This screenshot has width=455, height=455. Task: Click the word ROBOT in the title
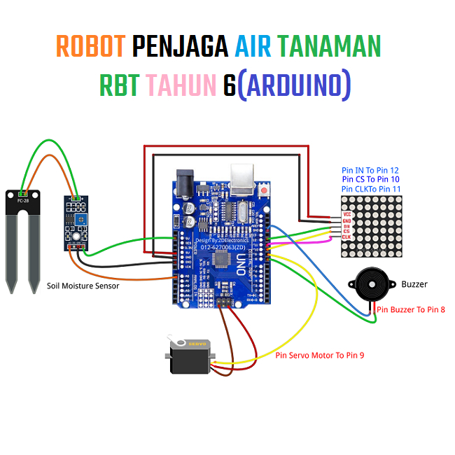pyautogui.click(x=90, y=47)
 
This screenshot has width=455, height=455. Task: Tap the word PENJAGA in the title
pyautogui.click(x=180, y=47)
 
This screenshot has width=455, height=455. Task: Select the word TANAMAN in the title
pyautogui.click(x=328, y=47)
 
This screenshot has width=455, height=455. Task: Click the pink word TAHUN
pyautogui.click(x=181, y=85)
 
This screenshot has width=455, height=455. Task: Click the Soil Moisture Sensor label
pyautogui.click(x=83, y=286)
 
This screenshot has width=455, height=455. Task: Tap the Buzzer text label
pyautogui.click(x=414, y=284)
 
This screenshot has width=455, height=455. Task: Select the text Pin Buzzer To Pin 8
pyautogui.click(x=411, y=309)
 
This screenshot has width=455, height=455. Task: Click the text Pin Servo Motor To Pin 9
pyautogui.click(x=319, y=356)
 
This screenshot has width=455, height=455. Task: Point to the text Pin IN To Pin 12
pyautogui.click(x=370, y=170)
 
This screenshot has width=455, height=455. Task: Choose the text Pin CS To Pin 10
pyautogui.click(x=370, y=179)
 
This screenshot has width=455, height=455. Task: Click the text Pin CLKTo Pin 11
pyautogui.click(x=370, y=189)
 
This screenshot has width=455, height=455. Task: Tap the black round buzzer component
pyautogui.click(x=371, y=284)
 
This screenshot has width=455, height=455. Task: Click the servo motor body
pyautogui.click(x=190, y=358)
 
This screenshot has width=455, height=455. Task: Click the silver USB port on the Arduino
pyautogui.click(x=244, y=180)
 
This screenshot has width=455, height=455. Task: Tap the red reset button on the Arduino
pyautogui.click(x=265, y=190)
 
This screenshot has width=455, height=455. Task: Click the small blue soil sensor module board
pyautogui.click(x=76, y=221)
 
